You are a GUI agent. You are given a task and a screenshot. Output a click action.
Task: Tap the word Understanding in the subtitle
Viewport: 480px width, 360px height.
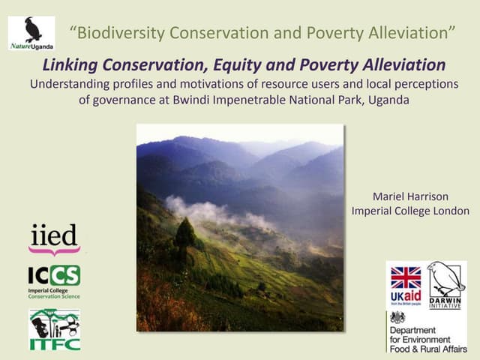pos(70,83)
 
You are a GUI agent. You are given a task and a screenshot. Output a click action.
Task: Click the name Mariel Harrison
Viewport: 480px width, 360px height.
pos(411,196)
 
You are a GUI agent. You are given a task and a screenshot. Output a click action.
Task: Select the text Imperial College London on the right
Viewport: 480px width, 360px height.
pos(411,211)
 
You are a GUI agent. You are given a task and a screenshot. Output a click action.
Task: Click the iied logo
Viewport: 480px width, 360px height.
pos(54,239)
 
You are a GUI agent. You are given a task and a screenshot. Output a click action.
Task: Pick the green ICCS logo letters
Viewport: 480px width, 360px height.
pos(54,275)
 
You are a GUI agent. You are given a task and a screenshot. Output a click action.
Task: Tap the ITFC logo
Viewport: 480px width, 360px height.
pos(54,329)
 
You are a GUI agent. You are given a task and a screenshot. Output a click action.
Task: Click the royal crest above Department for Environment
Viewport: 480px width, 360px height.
pos(397,317)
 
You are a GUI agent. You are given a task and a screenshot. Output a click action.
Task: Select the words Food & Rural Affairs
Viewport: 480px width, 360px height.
pos(426,347)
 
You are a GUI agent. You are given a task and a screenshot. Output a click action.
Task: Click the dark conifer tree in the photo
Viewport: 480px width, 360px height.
pos(184,234)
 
